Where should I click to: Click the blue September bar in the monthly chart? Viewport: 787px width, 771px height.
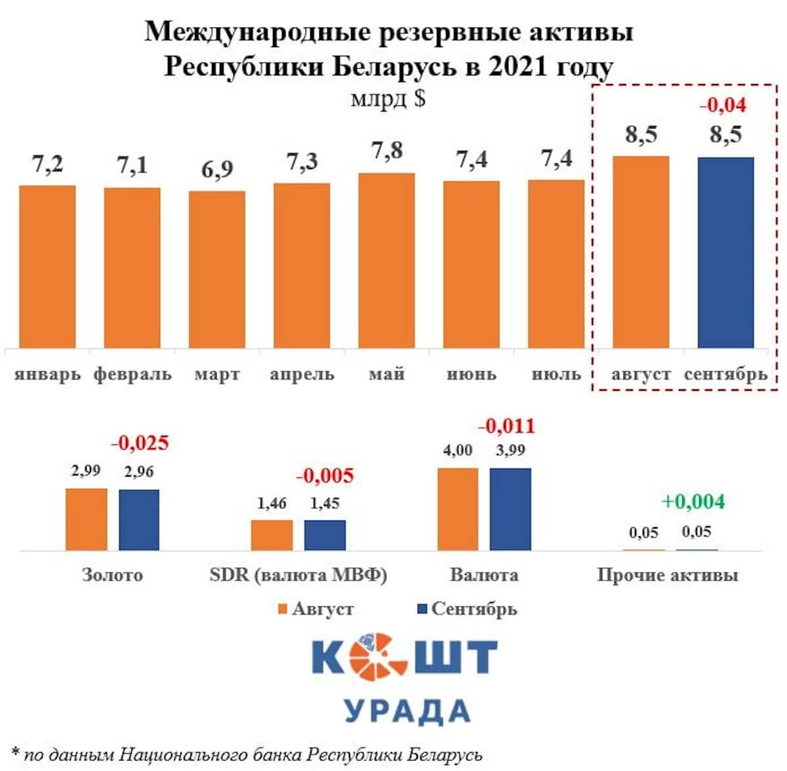[725, 252]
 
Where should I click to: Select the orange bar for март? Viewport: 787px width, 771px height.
[217, 269]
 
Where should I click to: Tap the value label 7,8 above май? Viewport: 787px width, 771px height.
[387, 151]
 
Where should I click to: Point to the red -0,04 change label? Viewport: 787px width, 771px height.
[723, 105]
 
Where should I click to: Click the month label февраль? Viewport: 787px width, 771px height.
[132, 375]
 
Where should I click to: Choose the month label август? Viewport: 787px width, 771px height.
[641, 375]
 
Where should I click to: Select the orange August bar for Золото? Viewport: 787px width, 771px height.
[87, 519]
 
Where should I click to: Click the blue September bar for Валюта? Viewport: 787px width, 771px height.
[510, 509]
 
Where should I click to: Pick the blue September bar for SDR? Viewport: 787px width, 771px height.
[325, 535]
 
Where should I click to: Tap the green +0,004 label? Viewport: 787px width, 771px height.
[693, 502]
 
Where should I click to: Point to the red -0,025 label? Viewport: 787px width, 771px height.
[140, 443]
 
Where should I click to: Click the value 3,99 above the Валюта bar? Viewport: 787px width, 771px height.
[510, 450]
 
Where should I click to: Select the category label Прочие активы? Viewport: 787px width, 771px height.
[667, 575]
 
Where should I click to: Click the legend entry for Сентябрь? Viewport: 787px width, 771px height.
[474, 609]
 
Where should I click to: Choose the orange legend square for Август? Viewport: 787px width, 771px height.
[283, 609]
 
